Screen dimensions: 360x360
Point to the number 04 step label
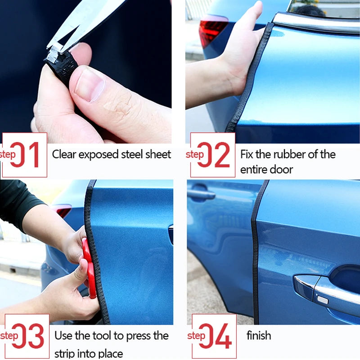214,336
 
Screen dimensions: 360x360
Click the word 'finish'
259,335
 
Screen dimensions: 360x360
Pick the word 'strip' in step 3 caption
65,353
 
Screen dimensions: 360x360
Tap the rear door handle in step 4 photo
201,195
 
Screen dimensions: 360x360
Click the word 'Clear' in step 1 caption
65,154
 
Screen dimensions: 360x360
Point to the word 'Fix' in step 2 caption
247,154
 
